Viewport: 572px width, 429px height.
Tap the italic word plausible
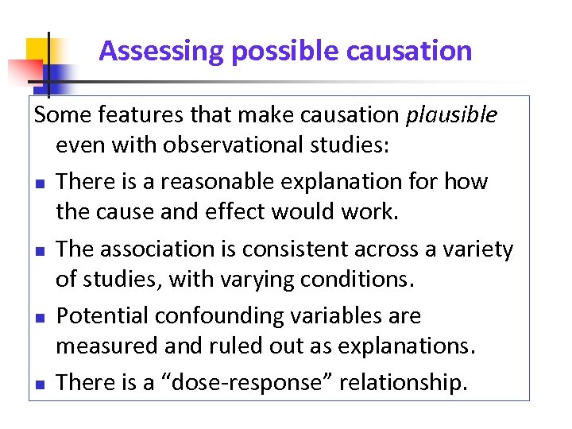(x=451, y=115)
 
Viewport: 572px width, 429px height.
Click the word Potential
(x=102, y=316)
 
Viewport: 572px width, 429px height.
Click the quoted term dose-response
(x=254, y=383)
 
